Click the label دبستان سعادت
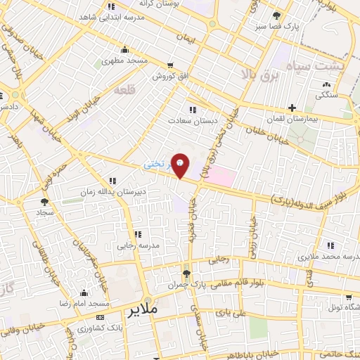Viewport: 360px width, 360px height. [x=189, y=121]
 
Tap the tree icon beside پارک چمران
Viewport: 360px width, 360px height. [x=186, y=274]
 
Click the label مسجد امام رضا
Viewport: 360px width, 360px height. [x=84, y=303]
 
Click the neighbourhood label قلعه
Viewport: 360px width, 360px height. [x=124, y=90]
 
